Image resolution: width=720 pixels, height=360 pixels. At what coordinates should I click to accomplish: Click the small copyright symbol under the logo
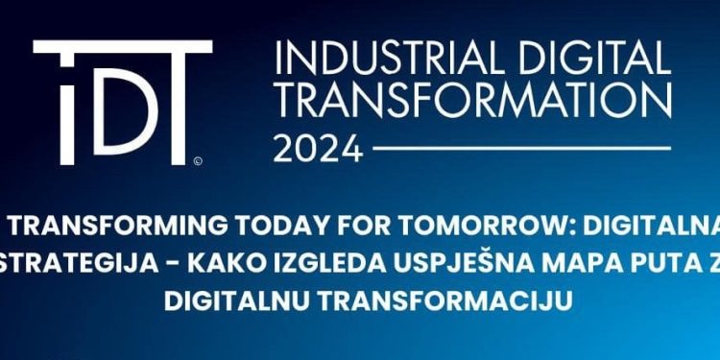tap(197, 161)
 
